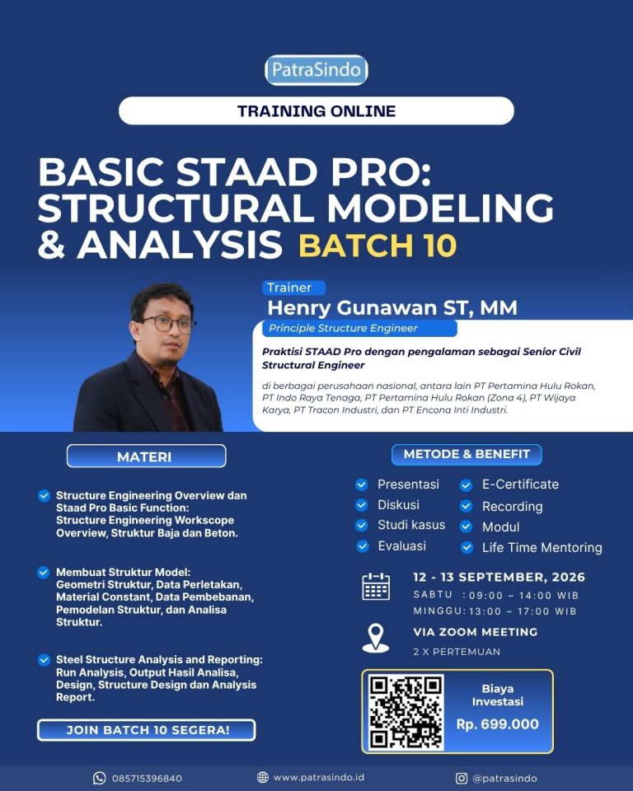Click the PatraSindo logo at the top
316,69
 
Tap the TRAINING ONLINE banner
316,110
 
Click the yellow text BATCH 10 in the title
377,246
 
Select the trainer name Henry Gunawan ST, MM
392,307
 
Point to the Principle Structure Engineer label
343,328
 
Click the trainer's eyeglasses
167,323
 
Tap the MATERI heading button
147,456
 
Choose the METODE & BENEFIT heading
467,454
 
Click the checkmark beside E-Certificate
466,485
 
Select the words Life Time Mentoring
542,547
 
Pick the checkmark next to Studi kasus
362,525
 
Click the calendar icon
376,586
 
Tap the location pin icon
376,638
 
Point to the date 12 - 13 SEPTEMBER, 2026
499,577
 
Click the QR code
406,712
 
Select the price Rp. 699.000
498,724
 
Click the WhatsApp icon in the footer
100,778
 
